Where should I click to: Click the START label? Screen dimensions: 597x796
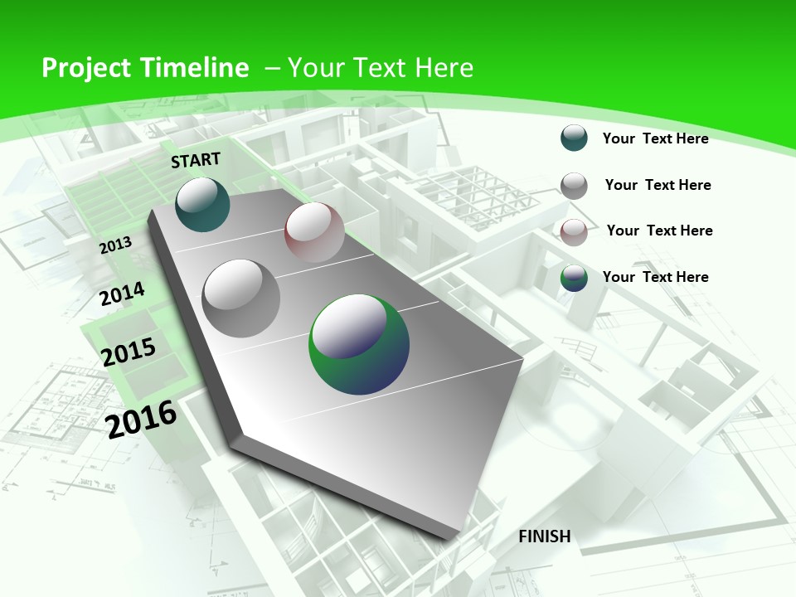click(x=196, y=160)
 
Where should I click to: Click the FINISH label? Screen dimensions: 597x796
click(x=545, y=536)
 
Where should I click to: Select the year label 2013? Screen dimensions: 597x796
click(x=116, y=245)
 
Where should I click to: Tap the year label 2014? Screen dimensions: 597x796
click(x=122, y=294)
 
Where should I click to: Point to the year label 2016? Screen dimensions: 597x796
click(x=142, y=418)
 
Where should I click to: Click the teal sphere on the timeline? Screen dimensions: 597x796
click(x=202, y=204)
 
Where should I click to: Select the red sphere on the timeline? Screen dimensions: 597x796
click(x=314, y=232)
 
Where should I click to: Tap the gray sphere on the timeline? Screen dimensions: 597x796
click(x=241, y=298)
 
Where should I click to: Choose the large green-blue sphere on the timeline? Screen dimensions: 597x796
click(x=359, y=344)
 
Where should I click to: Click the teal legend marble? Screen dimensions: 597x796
click(x=574, y=138)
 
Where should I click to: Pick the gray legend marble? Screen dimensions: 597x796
click(x=574, y=186)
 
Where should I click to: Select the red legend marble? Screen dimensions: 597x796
click(x=574, y=232)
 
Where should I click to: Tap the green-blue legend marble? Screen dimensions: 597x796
click(x=574, y=278)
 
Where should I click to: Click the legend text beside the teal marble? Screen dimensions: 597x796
click(x=655, y=138)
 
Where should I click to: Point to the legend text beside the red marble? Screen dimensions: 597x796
click(x=659, y=231)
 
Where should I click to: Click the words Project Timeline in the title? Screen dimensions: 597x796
click(x=145, y=68)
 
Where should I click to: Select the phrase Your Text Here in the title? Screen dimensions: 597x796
click(x=381, y=68)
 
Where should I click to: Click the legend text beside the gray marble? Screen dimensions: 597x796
click(x=658, y=185)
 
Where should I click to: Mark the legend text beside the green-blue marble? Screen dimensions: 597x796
click(x=655, y=277)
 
